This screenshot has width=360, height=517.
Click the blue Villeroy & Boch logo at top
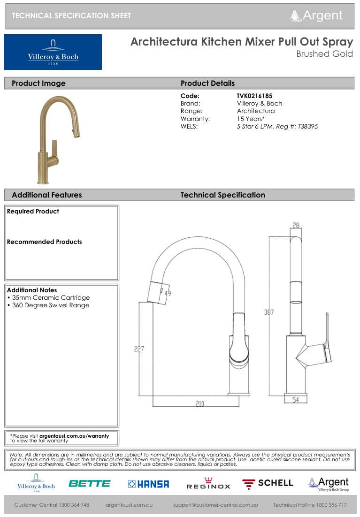pyautogui.click(x=53, y=52)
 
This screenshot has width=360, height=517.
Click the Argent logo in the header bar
pyautogui.click(x=316, y=15)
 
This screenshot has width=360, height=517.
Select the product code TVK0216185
pyautogui.click(x=254, y=96)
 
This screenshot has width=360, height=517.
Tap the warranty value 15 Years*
pyautogui.click(x=251, y=119)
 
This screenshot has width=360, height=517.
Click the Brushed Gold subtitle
pyautogui.click(x=324, y=54)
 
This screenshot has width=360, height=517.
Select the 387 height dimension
pyautogui.click(x=268, y=312)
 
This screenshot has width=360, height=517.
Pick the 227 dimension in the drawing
pyautogui.click(x=139, y=349)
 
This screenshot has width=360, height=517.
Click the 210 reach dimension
pyautogui.click(x=199, y=403)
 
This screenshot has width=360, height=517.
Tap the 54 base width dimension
pyautogui.click(x=296, y=400)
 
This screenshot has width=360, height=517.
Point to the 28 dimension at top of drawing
pyautogui.click(x=296, y=226)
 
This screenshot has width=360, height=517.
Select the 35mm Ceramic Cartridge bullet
pyautogui.click(x=48, y=297)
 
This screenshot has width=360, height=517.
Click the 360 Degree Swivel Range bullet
pyautogui.click(x=48, y=305)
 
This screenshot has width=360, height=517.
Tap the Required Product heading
pyautogui.click(x=33, y=212)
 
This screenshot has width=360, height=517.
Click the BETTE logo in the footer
pyautogui.click(x=89, y=483)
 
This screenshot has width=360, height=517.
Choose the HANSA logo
pyautogui.click(x=148, y=484)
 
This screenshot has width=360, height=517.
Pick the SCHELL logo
pyautogui.click(x=268, y=483)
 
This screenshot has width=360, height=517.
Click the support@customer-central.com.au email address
pyautogui.click(x=215, y=505)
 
